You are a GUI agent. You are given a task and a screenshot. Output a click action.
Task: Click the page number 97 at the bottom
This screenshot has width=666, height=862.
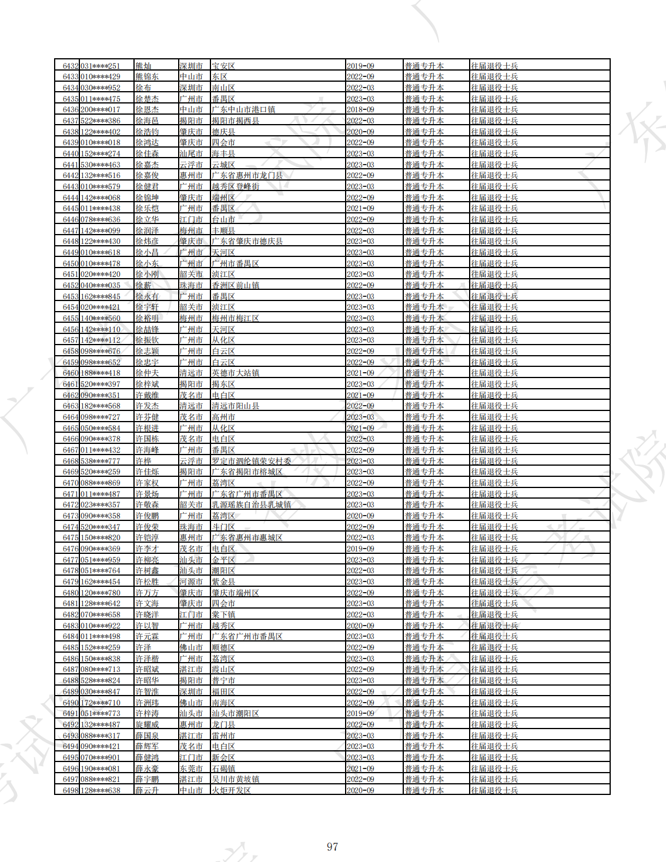pyautogui.click(x=332, y=847)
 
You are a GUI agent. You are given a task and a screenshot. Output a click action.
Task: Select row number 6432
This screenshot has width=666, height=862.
pyautogui.click(x=71, y=66)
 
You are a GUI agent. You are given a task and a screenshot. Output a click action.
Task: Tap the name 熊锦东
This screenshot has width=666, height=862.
pyautogui.click(x=147, y=77)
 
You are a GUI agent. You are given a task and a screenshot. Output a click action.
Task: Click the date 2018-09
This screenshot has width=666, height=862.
pyautogui.click(x=360, y=110)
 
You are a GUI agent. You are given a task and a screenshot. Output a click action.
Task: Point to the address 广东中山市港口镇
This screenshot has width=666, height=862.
pyautogui.click(x=243, y=110)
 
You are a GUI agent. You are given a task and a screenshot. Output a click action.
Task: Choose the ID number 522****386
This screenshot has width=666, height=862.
pyautogui.click(x=101, y=121)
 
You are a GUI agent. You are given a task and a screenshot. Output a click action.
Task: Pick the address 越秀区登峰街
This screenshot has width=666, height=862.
pyautogui.click(x=236, y=186)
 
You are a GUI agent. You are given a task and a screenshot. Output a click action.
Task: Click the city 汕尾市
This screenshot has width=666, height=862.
pyautogui.click(x=191, y=153)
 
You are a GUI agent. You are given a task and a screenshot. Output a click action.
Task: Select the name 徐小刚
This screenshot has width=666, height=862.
pyautogui.click(x=147, y=275)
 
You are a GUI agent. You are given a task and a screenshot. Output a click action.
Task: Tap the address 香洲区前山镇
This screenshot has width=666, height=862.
pyautogui.click(x=236, y=285)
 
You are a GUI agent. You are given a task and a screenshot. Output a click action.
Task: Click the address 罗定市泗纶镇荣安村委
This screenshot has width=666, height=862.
pyautogui.click(x=252, y=461)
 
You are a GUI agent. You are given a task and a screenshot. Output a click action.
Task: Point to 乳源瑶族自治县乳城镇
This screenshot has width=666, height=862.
pyautogui.click(x=252, y=505)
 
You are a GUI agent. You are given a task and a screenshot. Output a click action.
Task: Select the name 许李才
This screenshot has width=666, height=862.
pyautogui.click(x=147, y=549)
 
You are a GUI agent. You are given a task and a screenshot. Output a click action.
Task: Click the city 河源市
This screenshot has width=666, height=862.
pyautogui.click(x=191, y=582)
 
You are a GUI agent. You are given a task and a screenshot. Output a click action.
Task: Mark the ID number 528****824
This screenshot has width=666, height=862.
pyautogui.click(x=101, y=680)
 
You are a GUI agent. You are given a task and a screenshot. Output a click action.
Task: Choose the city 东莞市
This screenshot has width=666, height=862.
pyautogui.click(x=191, y=769)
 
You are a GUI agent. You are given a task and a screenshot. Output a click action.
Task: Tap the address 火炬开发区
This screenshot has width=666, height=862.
pyautogui.click(x=232, y=790)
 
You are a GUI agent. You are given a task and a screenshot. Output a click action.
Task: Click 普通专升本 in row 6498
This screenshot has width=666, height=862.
pyautogui.click(x=424, y=790)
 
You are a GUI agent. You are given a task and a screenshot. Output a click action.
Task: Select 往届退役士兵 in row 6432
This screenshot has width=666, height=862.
pyautogui.click(x=494, y=66)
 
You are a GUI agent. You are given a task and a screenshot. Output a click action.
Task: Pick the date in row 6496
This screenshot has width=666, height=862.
pyautogui.click(x=360, y=769)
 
